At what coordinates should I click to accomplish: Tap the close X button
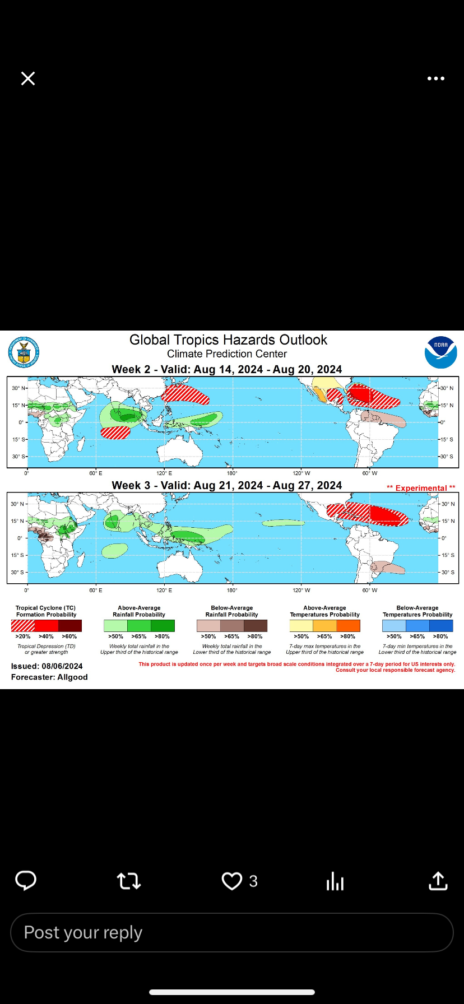(28, 78)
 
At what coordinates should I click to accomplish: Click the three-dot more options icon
(435, 78)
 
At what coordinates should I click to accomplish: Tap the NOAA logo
(441, 352)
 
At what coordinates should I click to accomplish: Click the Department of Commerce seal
(24, 353)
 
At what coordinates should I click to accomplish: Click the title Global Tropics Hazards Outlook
(228, 340)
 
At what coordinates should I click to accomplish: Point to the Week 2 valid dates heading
(227, 369)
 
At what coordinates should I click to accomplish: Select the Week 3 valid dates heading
(227, 485)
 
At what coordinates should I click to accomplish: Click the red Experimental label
(421, 488)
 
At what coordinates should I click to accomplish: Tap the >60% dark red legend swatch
(70, 626)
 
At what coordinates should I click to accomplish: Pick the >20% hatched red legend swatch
(23, 626)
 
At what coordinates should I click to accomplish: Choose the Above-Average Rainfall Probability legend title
(139, 611)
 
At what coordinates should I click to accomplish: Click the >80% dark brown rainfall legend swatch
(256, 626)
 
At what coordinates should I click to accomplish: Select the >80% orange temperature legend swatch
(348, 626)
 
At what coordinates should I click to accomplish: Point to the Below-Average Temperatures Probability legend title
(417, 611)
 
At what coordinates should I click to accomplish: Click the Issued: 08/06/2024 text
(47, 666)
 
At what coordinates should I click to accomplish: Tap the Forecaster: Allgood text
(49, 677)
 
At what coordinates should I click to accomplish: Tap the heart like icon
(231, 881)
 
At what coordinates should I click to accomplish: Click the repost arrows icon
(129, 881)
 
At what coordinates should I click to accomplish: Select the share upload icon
(438, 881)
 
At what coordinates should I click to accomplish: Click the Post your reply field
(232, 932)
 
